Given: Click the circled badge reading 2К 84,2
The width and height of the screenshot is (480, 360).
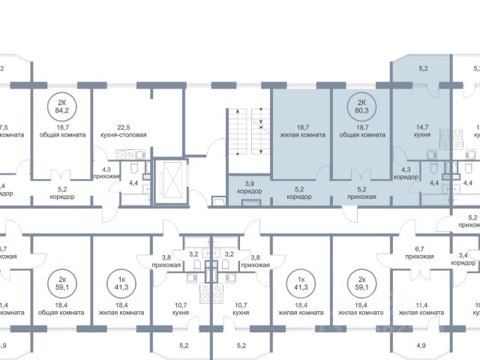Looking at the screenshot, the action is pos(62,109).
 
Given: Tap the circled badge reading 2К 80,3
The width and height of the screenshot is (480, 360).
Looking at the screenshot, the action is pos(361,109).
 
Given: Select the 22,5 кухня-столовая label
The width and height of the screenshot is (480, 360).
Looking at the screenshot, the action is pos(122,130).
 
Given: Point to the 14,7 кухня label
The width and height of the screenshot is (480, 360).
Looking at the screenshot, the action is pos(421,130).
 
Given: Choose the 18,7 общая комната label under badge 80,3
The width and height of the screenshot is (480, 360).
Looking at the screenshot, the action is pos(361,130).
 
